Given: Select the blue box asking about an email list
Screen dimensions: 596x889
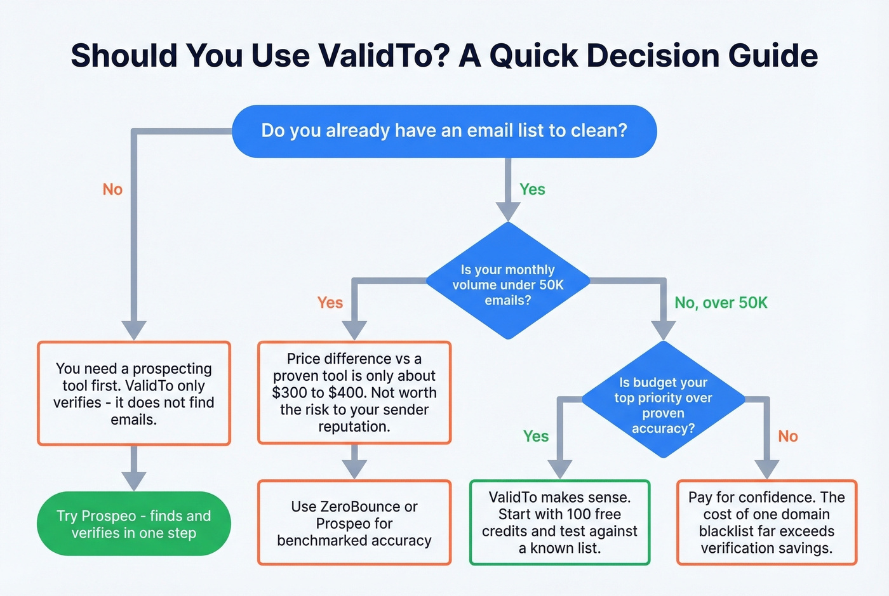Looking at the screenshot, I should [444, 131].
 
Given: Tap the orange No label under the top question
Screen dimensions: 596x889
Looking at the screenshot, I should [112, 189].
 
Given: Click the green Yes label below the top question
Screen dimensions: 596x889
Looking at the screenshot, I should [532, 189].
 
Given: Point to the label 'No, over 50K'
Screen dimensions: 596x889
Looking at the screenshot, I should [721, 303].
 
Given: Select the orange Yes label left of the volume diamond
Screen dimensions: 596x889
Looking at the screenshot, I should [330, 303].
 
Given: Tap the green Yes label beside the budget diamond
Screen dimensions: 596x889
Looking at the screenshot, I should [536, 436].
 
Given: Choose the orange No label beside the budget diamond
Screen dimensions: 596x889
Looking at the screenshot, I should [788, 436].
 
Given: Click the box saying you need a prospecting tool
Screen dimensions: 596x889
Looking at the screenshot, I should [134, 394].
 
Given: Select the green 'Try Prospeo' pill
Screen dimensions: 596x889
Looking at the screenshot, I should [134, 524].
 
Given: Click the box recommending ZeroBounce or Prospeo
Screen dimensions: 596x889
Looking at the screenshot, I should [354, 523].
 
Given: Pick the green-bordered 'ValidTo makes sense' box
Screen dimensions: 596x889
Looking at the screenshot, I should [559, 522].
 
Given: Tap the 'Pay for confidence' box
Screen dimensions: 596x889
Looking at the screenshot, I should [766, 522].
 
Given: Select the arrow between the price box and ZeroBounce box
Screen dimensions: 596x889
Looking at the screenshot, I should [354, 462].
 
